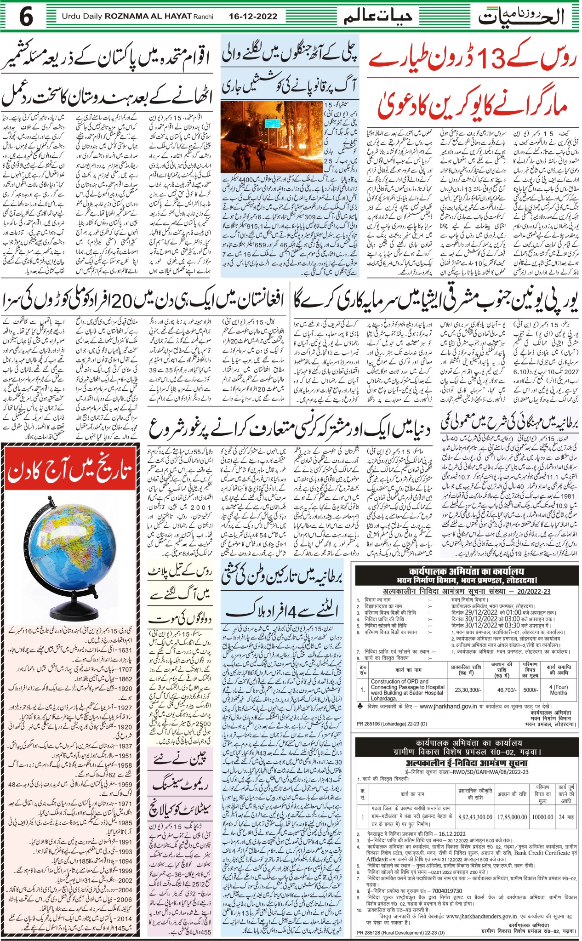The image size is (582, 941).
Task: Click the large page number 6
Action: coord(26,17)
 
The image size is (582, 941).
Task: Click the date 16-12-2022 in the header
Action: coord(253,17)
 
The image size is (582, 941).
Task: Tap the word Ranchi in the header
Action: coord(204,17)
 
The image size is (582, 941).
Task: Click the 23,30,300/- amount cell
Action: coord(468,690)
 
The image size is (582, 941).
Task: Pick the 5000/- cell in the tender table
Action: coord(530,690)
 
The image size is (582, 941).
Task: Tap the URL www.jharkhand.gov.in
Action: coord(448,707)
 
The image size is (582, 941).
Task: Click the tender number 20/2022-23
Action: coord(533,592)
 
